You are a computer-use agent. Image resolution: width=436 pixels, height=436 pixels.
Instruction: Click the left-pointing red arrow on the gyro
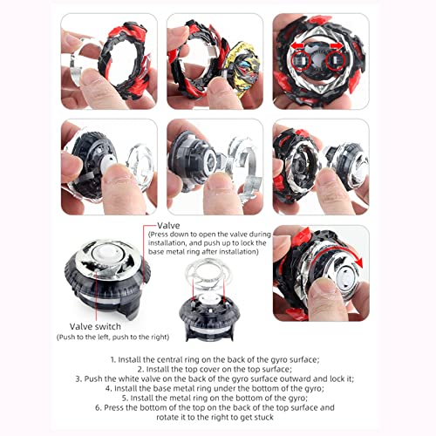point(297,45)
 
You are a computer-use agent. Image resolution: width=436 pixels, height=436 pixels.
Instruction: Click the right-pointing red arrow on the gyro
point(337,45)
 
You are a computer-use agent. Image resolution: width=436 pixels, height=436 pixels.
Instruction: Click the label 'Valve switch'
point(95,326)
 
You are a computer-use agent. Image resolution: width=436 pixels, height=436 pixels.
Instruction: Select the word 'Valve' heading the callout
point(168,225)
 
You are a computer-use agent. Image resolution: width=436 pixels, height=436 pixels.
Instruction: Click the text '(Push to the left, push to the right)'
point(112,337)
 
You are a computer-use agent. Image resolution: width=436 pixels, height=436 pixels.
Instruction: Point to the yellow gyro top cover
point(242,70)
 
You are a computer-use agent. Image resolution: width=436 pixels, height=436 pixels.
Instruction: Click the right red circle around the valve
point(336,61)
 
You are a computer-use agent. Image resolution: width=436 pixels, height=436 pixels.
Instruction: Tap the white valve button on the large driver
point(105,252)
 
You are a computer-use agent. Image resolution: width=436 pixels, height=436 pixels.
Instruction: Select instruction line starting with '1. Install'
point(215,359)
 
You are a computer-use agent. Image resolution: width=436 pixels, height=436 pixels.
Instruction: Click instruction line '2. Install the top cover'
point(215,369)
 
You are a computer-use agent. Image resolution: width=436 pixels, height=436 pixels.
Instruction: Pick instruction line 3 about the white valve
point(215,378)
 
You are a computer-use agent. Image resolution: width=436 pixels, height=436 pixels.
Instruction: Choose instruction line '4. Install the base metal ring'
point(215,388)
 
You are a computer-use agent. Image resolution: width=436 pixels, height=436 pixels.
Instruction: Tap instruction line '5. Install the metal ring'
point(215,398)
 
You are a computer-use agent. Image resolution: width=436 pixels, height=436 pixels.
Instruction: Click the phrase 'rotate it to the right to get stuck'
point(215,418)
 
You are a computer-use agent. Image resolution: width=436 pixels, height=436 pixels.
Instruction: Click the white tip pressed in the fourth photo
point(108,163)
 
